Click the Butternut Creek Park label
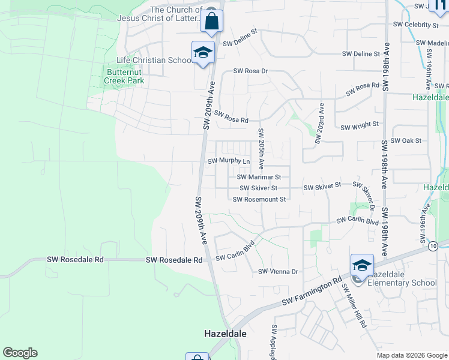[125, 76]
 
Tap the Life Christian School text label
[154, 61]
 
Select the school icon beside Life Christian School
[203, 52]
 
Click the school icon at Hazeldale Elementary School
[362, 265]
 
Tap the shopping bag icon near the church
[212, 21]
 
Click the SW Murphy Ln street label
[228, 161]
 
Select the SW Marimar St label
[259, 177]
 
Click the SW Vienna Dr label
[278, 272]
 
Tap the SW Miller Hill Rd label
[354, 305]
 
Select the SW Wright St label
[360, 127]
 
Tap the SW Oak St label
[406, 140]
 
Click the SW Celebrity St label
[415, 25]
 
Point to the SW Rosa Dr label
[250, 71]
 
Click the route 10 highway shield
[433, 245]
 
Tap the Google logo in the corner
[20, 353]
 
